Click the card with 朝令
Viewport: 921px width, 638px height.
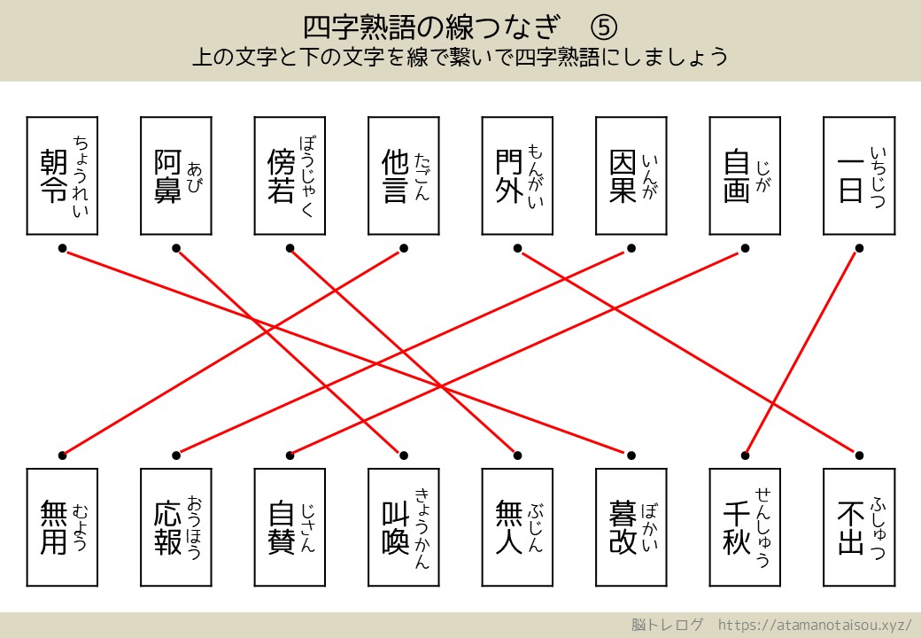click(62, 175)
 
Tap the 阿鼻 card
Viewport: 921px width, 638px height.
click(175, 175)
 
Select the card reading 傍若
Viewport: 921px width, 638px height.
click(289, 175)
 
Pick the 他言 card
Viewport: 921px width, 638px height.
click(403, 175)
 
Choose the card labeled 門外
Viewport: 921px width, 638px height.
click(517, 175)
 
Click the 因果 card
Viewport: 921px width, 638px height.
click(631, 175)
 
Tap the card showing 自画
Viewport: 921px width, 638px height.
click(745, 175)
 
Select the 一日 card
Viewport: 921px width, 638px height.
click(858, 175)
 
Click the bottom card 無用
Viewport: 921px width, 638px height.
click(62, 526)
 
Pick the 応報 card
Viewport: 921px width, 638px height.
click(175, 526)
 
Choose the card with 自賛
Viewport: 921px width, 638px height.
click(289, 526)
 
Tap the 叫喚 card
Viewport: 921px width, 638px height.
click(403, 526)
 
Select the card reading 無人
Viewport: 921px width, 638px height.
click(517, 526)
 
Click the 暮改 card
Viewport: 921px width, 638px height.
click(631, 526)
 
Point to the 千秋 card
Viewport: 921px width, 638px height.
click(745, 526)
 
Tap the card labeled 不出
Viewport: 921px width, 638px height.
click(858, 526)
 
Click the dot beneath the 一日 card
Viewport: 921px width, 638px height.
click(858, 248)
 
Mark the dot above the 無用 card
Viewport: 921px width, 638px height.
click(62, 455)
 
